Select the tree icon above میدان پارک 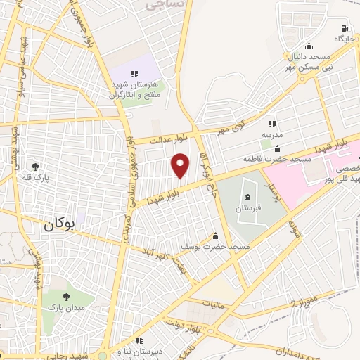tap(66, 297)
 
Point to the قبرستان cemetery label tap(247, 209)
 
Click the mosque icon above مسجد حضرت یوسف tap(214, 236)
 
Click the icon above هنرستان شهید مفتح tap(134, 74)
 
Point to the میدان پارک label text tap(66, 308)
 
